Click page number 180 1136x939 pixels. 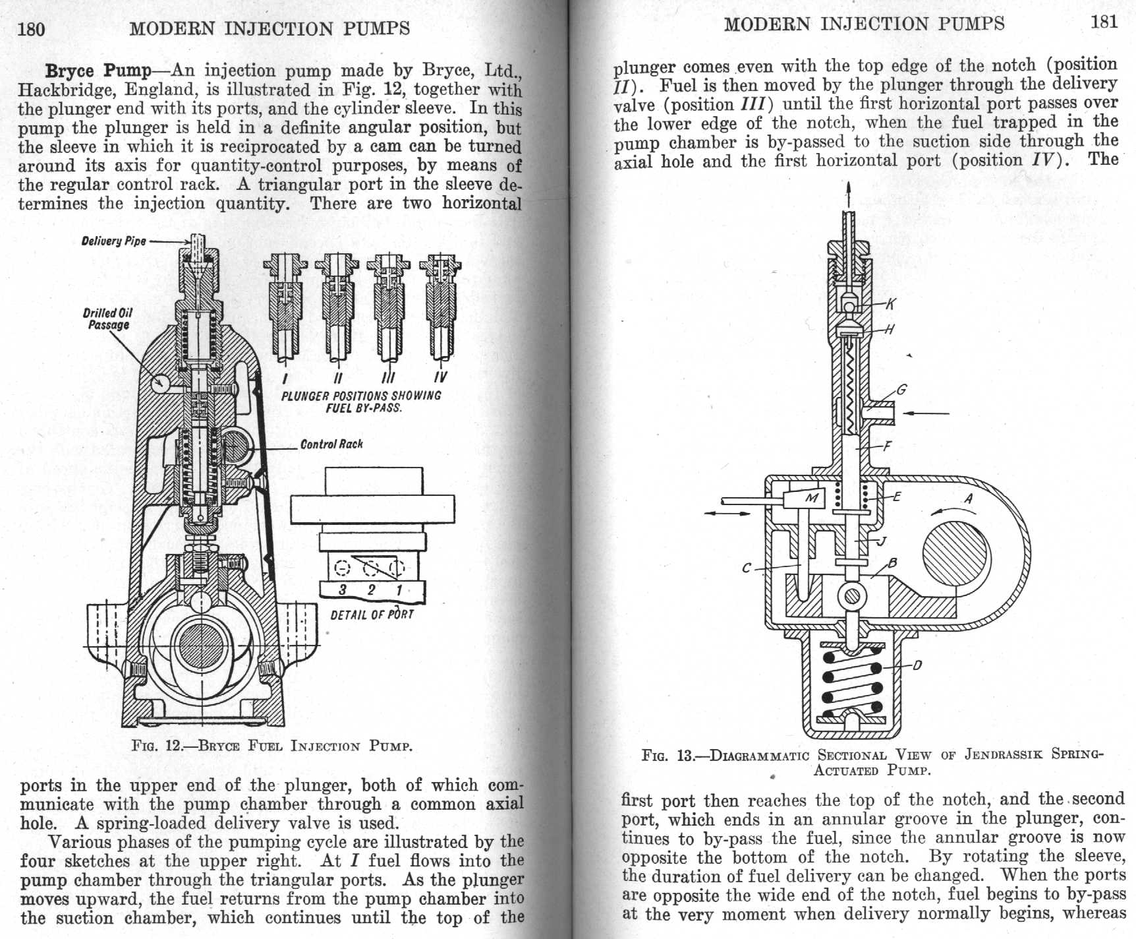(x=32, y=29)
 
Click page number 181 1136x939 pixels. (x=1104, y=22)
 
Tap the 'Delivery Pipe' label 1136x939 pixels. (x=113, y=241)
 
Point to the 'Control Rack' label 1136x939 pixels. (x=331, y=444)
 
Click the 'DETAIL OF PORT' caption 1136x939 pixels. (x=372, y=615)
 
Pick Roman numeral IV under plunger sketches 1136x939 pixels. (x=440, y=377)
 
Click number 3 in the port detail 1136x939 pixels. (x=343, y=590)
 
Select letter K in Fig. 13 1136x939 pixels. (x=890, y=303)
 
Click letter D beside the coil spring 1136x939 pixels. (x=917, y=665)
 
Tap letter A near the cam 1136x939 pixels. (x=968, y=499)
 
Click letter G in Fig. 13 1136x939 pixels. (x=901, y=390)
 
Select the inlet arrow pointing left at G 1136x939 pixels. (x=926, y=413)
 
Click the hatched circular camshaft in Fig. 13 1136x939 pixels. (x=956, y=552)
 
